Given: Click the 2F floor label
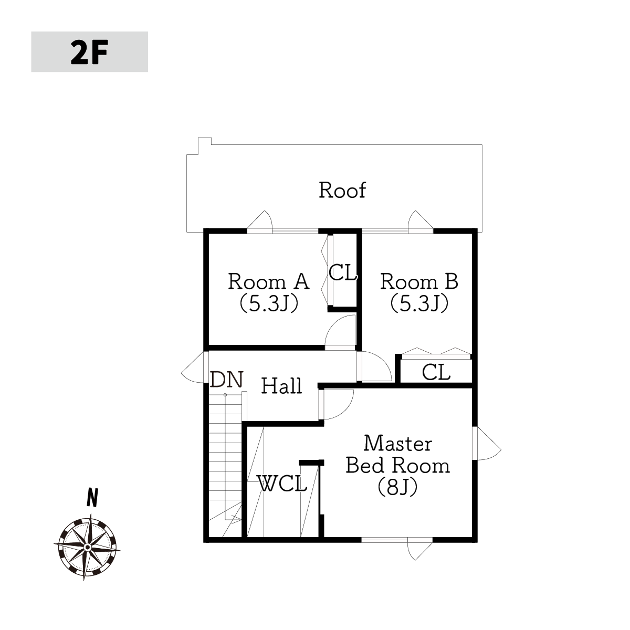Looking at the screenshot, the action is click(x=89, y=52).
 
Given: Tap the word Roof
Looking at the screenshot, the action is click(x=342, y=190).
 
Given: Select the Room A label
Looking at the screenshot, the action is click(x=268, y=281).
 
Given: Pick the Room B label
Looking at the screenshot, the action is click(x=419, y=281).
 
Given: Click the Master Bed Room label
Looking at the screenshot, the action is click(x=398, y=455).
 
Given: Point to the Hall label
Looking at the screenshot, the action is click(x=281, y=386).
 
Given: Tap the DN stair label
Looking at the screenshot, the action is click(x=227, y=380).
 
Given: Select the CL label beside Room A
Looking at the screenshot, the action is click(x=343, y=272).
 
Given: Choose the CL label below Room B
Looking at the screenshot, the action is click(x=436, y=372).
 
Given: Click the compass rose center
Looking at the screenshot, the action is click(x=87, y=547).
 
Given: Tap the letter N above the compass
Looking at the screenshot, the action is click(x=92, y=498).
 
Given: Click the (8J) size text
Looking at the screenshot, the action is click(x=398, y=487).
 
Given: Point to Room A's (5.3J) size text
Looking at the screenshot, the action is click(x=269, y=304).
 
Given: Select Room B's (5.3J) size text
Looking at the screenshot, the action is click(x=419, y=304).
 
